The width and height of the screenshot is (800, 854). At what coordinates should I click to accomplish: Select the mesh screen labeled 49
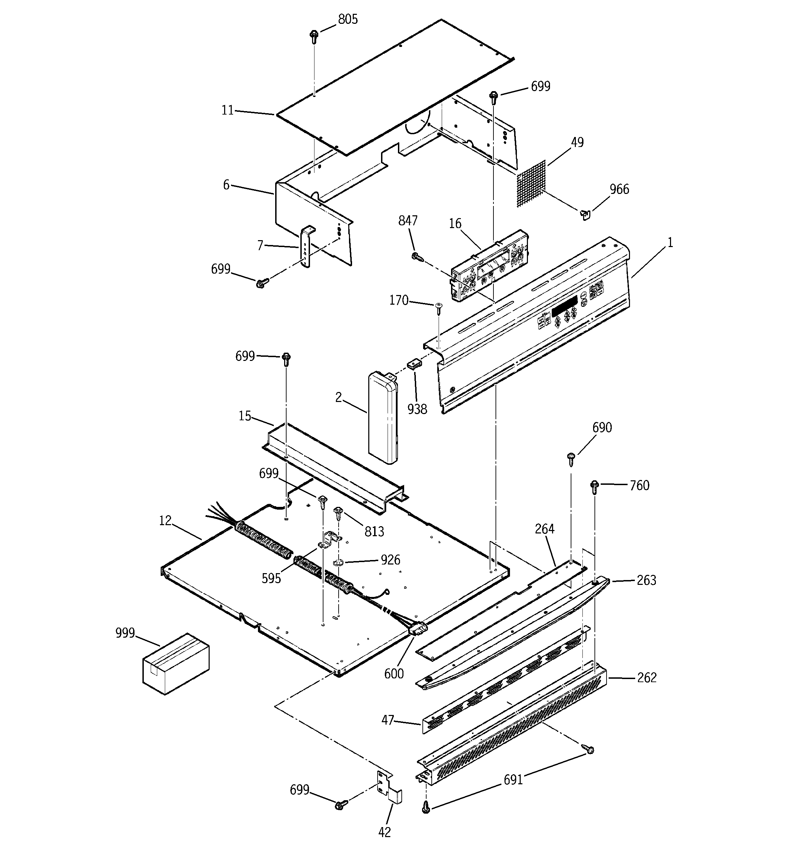click(x=531, y=185)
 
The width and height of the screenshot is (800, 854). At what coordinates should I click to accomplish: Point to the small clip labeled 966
click(x=585, y=214)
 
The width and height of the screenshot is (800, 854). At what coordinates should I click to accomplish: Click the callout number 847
click(x=408, y=221)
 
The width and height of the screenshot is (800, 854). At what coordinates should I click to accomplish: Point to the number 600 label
click(x=394, y=674)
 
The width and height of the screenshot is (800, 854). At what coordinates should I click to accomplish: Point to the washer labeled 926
click(x=339, y=563)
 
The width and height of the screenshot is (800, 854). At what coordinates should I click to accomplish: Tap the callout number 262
click(x=647, y=677)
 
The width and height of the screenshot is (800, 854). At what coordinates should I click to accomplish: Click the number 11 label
click(x=228, y=110)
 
